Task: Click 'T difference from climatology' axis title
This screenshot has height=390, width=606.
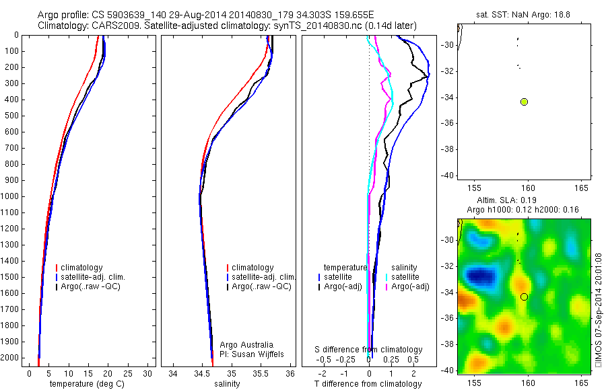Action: point(368,384)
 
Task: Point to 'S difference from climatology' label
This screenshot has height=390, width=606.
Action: point(369,350)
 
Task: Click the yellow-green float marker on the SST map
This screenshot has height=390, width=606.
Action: point(524,102)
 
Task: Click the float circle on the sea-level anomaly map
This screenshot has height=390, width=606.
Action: point(524,297)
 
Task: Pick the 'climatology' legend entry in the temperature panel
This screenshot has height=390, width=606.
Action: point(81,268)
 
